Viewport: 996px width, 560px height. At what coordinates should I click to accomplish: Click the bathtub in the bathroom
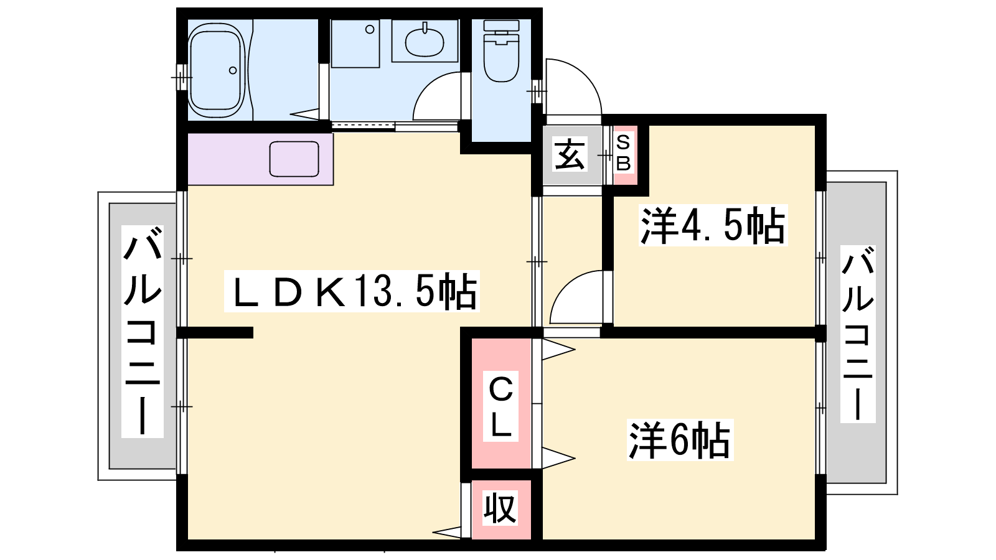[217, 70]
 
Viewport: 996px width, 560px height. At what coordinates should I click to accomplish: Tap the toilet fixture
[501, 50]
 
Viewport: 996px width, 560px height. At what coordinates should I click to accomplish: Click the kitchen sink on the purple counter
[294, 159]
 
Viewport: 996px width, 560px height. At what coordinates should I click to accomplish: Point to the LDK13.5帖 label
[352, 291]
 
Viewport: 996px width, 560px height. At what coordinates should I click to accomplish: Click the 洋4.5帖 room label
[713, 225]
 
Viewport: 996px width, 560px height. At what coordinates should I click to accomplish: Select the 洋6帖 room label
[680, 440]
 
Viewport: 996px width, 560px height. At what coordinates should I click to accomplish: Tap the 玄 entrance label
[570, 154]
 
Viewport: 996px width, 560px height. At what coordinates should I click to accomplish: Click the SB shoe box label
[623, 153]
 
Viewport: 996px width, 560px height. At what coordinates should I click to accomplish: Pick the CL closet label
[500, 406]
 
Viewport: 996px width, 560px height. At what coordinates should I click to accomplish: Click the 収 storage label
[500, 508]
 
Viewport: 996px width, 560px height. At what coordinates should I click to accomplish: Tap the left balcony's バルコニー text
[143, 331]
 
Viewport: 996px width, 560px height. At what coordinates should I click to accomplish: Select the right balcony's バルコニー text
[858, 334]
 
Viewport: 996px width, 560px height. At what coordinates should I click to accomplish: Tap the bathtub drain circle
[233, 70]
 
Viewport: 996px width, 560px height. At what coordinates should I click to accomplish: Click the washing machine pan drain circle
[370, 30]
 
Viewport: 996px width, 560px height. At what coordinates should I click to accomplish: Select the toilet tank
[501, 26]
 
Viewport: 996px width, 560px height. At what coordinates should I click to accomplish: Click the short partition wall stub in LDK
[215, 332]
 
